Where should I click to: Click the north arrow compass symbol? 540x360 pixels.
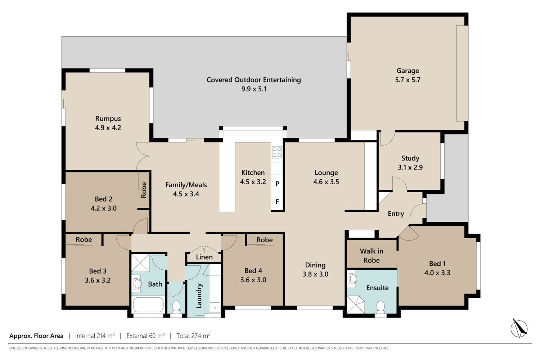point(519,328)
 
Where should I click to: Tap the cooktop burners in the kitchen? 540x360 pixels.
point(277,152)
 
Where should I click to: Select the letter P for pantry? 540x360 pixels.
point(278,184)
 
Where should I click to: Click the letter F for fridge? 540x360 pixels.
point(277,202)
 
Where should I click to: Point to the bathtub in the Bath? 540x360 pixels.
point(148,305)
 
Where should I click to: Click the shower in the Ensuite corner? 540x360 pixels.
point(356,304)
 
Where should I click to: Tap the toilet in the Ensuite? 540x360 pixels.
point(381,307)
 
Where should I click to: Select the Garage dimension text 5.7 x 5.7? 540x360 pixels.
point(408,80)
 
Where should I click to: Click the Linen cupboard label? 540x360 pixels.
point(204,257)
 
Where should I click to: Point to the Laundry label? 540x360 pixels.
point(199,296)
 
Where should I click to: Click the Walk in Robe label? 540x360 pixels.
point(372,256)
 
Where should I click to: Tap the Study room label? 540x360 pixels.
point(410,158)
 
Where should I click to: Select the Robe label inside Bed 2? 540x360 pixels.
point(144,190)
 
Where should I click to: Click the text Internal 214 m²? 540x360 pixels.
point(95,336)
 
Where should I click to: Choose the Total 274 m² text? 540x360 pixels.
point(193,336)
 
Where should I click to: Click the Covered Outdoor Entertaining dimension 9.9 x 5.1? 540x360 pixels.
point(253,89)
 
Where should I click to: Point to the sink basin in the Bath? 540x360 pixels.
point(138,284)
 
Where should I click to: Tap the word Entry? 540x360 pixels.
point(396,214)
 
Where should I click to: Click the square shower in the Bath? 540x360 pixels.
point(140,263)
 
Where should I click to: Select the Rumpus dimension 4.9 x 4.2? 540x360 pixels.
point(108,128)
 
